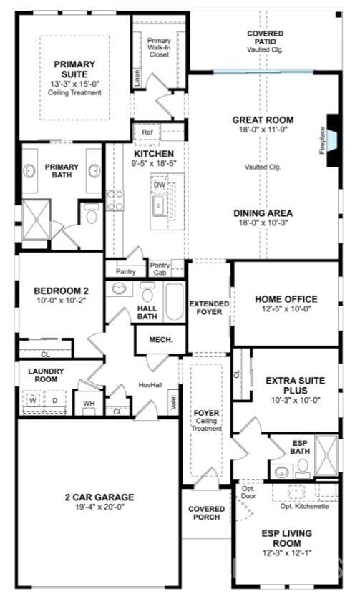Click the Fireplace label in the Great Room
point(322,140)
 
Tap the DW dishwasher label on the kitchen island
point(160,185)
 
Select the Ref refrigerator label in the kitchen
point(147,132)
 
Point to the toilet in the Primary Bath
point(92,213)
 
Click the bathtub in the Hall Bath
point(174,302)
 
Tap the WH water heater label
point(89,404)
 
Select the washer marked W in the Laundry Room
point(33,400)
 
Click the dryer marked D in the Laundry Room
point(55,400)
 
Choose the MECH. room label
point(161,340)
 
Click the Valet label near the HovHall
point(172,402)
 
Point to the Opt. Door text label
point(248,492)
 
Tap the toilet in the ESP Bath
point(303,468)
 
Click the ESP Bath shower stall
point(326,455)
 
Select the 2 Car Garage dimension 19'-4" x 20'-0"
point(99,507)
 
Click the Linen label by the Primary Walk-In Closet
point(137,77)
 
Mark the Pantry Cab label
point(160,268)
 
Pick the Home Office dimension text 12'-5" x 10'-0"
point(286,308)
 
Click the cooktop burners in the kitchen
point(115,200)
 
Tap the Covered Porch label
point(207,512)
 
